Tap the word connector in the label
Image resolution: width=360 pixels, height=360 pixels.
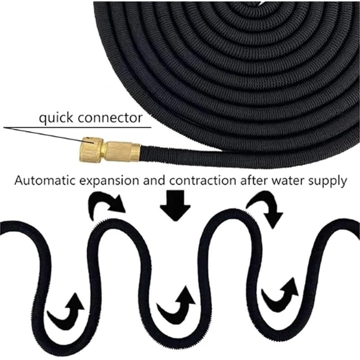click(110, 118)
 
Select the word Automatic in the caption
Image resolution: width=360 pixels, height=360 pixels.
click(45, 180)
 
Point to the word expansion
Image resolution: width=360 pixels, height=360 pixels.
click(109, 181)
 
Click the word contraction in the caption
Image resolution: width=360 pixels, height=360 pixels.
click(203, 181)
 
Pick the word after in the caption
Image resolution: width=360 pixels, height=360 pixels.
click(254, 180)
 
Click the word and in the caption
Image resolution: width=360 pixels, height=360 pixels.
click(154, 180)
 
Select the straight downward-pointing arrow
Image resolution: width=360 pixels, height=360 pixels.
click(175, 206)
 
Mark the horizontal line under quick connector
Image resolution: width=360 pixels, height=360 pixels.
click(77, 127)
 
